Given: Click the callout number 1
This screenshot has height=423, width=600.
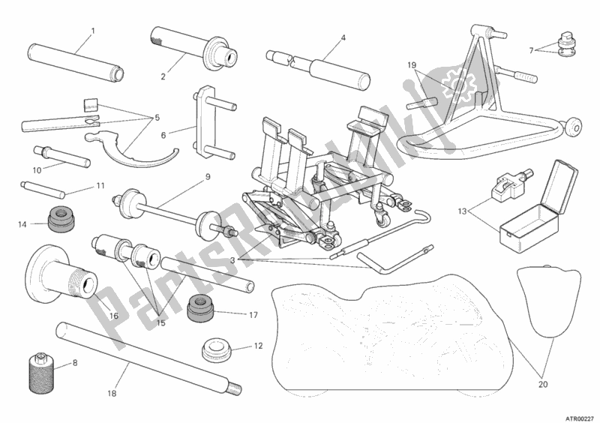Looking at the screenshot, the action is [x=93, y=31].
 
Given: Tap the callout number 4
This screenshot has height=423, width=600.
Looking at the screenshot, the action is [x=343, y=38].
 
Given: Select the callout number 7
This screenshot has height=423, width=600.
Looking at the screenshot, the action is [x=531, y=50].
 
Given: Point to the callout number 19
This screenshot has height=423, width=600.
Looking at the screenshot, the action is [x=412, y=65].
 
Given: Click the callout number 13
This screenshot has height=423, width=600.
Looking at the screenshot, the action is [x=463, y=211].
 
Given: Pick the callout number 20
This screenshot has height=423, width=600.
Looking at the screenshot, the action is [x=543, y=384].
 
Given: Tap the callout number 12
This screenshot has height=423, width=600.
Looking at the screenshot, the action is [x=259, y=346].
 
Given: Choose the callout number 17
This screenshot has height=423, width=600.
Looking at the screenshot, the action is [x=253, y=315].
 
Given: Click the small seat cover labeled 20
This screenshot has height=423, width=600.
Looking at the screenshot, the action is [x=547, y=301].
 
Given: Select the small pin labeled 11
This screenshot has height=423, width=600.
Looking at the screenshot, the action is [x=43, y=190].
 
